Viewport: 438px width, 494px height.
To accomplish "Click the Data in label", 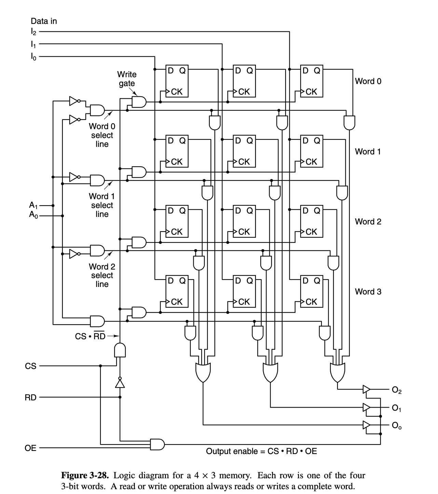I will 44,21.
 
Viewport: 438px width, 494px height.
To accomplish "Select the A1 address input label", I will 33,205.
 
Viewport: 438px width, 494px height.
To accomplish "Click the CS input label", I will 30,366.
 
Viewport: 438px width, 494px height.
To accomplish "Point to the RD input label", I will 30,397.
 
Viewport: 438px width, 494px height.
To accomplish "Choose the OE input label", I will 30,448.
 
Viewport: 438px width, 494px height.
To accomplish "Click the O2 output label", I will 397,389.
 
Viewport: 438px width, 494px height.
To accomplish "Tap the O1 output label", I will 396,408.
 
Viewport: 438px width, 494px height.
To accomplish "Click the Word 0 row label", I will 368,81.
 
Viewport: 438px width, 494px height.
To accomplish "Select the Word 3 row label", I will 368,291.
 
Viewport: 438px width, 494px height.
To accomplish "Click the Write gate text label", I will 126,79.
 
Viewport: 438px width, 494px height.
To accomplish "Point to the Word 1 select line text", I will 102,205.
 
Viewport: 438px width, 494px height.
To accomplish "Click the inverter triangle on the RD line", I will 120,384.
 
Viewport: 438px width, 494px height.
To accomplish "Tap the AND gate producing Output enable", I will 158,444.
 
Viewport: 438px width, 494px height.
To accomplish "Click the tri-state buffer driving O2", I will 366,389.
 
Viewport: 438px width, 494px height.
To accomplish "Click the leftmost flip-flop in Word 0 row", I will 177,81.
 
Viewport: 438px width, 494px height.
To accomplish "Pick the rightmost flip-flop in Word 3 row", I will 311,291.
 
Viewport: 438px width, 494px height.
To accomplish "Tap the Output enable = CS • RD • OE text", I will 261,451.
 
